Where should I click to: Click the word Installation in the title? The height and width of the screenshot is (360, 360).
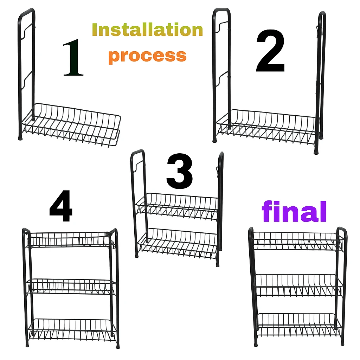click(147, 30)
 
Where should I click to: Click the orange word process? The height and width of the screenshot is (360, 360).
click(147, 56)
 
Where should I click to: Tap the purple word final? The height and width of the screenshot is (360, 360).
click(294, 211)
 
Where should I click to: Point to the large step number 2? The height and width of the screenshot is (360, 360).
click(270, 51)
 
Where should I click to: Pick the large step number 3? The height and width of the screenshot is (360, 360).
click(180, 172)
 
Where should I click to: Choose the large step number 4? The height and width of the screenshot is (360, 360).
click(61, 206)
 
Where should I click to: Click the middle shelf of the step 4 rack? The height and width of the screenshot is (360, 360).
click(71, 287)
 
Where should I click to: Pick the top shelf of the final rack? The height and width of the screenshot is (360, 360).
click(298, 241)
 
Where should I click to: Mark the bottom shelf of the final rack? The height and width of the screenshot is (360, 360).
click(299, 324)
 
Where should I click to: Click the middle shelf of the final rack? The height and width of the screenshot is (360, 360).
click(298, 285)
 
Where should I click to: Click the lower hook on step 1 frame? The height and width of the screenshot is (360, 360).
click(27, 80)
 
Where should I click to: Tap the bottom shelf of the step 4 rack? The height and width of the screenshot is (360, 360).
click(72, 328)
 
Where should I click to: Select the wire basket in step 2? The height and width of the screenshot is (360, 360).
click(268, 126)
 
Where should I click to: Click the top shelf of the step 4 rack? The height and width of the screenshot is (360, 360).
click(69, 240)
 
